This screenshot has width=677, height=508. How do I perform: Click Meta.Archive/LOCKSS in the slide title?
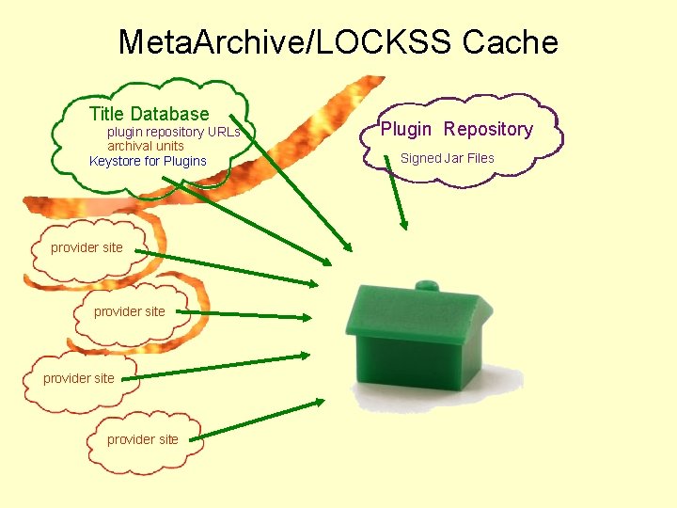pyautogui.click(x=286, y=42)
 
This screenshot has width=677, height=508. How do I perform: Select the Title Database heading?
pyautogui.click(x=149, y=114)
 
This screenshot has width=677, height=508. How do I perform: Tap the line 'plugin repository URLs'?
pyautogui.click(x=173, y=132)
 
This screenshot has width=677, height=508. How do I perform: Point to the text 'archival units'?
pyautogui.click(x=145, y=146)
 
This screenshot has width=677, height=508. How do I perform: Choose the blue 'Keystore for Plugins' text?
pyautogui.click(x=148, y=161)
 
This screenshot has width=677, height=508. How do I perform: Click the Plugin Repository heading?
pyautogui.click(x=456, y=129)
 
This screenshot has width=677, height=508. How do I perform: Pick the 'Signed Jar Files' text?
pyautogui.click(x=447, y=158)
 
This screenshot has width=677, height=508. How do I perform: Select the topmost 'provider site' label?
pyautogui.click(x=87, y=247)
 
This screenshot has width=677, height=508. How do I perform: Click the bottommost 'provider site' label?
pyautogui.click(x=142, y=438)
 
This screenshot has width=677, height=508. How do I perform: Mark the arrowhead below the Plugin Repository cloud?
pyautogui.click(x=403, y=224)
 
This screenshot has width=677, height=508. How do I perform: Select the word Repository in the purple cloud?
pyautogui.click(x=488, y=129)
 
